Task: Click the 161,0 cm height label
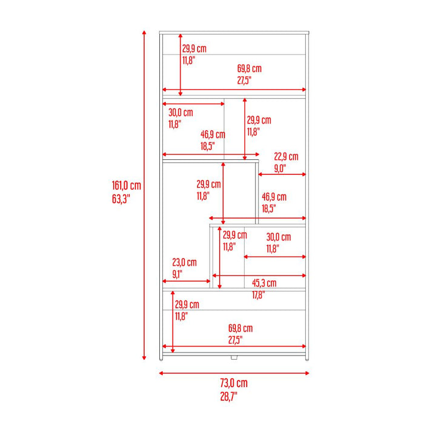(127, 185)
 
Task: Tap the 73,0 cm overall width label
(234, 383)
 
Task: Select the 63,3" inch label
(121, 199)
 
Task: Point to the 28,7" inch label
(228, 396)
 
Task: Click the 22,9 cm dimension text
(286, 156)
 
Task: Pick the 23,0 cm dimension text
(184, 262)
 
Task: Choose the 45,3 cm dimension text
(264, 283)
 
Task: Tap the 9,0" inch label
(280, 168)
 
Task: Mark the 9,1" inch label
(177, 274)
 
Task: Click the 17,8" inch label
(259, 295)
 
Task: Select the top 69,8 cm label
(250, 68)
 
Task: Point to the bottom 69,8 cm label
(240, 328)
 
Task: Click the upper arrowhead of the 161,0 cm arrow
(144, 33)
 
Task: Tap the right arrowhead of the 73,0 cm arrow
(307, 373)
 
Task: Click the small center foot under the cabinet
(234, 357)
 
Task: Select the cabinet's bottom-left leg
(161, 359)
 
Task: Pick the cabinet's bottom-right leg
(307, 359)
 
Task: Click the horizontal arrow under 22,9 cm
(282, 174)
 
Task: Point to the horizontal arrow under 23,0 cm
(187, 281)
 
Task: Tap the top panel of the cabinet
(234, 33)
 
